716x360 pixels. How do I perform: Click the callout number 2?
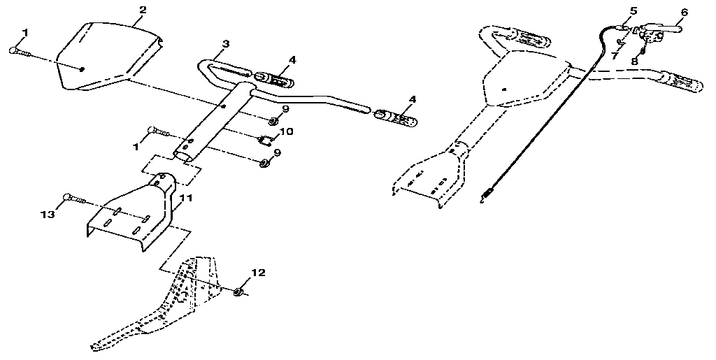tap(143, 10)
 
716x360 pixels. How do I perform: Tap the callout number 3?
tap(224, 44)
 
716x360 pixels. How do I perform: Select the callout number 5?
tap(633, 10)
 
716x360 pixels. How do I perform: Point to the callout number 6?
tap(684, 12)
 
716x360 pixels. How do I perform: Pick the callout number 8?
tap(635, 61)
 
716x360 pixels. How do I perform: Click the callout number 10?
tap(287, 131)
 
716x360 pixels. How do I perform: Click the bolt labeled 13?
tap(74, 199)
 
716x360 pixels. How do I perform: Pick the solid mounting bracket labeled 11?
tap(133, 213)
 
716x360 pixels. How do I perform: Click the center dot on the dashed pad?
tap(503, 89)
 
